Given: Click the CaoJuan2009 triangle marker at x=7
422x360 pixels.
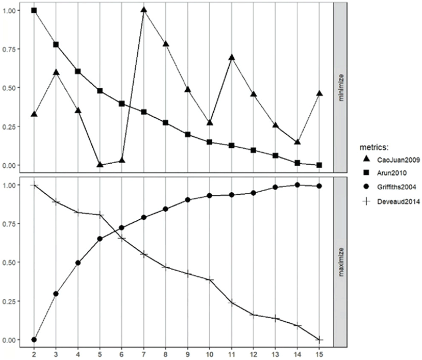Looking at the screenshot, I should pyautogui.click(x=144, y=10).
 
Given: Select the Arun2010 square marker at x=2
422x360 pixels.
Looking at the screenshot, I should pyautogui.click(x=34, y=10).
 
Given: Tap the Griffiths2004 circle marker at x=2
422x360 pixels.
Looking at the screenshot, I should pyautogui.click(x=34, y=340).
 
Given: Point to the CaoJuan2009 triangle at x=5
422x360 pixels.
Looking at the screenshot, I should pyautogui.click(x=100, y=164).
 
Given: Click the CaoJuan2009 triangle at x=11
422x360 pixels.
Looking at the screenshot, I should pyautogui.click(x=232, y=57).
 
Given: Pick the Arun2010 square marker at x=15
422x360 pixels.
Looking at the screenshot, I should pyautogui.click(x=319, y=165).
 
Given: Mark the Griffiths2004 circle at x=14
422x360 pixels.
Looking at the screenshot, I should pyautogui.click(x=297, y=185).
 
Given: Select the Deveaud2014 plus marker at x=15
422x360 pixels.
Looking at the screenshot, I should pyautogui.click(x=319, y=340).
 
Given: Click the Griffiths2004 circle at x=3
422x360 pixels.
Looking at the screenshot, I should pyautogui.click(x=56, y=294).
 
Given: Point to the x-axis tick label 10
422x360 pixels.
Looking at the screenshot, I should pyautogui.click(x=210, y=353).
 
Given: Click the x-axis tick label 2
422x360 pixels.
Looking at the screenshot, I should pyautogui.click(x=34, y=353).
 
